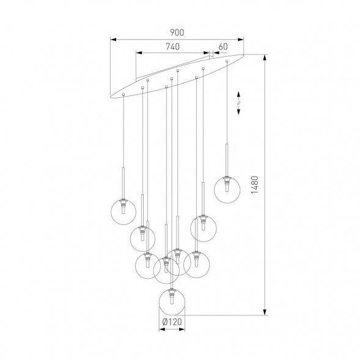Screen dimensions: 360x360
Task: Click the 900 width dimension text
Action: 177,32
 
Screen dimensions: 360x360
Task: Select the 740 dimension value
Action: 172,46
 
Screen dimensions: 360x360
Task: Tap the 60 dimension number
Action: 222,46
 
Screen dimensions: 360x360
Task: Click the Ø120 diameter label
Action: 171,321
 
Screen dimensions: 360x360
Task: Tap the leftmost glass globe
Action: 123,211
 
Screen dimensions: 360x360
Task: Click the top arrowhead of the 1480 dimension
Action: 265,59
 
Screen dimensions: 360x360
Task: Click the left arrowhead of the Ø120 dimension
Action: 161,329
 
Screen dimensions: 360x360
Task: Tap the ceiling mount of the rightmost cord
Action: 227,61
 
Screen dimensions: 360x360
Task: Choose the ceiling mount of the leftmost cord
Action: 123,95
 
